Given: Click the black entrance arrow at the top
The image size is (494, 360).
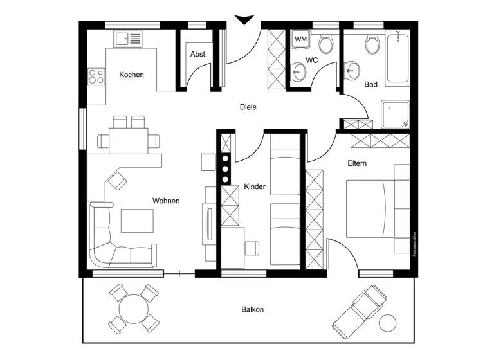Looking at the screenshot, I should tap(243, 21).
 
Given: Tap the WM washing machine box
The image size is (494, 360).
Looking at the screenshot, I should tap(300, 40).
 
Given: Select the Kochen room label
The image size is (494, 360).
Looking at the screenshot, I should tap(131, 75).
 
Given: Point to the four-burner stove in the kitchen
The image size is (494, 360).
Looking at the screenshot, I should tap(96, 77).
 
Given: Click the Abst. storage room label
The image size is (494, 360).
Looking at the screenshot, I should tap(199, 55).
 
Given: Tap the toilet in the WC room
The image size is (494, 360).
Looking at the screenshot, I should tap(325, 44).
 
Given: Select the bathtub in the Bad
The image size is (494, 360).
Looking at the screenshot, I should tap(397, 59).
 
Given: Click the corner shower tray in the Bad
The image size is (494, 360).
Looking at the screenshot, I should tap(395, 114).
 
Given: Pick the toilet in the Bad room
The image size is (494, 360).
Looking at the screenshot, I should tap(372, 44).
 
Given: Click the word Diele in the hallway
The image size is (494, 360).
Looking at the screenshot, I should tap(248, 107).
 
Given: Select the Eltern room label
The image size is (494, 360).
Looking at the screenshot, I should tap(357, 163).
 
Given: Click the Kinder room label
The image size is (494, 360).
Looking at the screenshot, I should tap(255, 187).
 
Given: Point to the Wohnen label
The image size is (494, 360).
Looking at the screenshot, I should tap(166, 201).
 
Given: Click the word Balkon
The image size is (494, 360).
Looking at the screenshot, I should tap(253, 310).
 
